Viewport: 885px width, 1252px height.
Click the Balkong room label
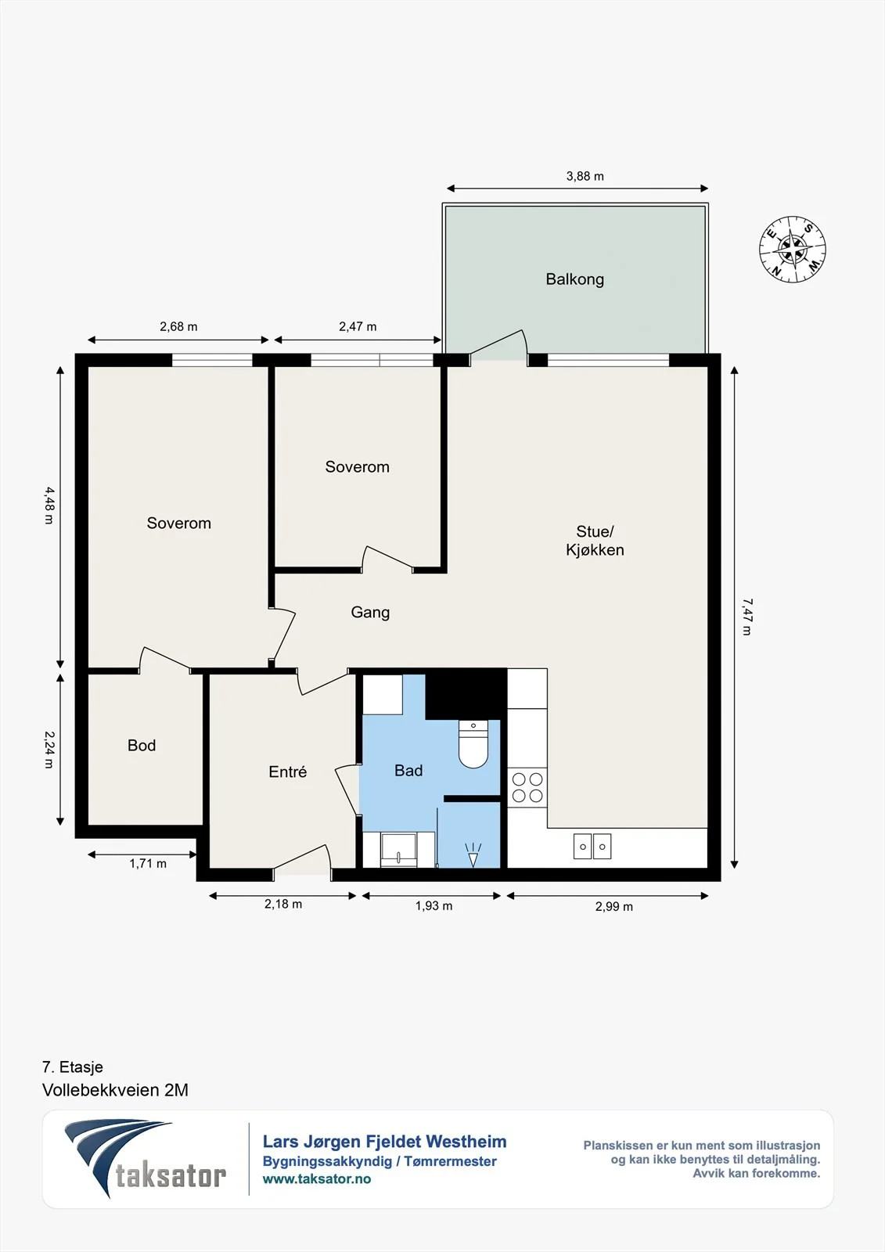coord(574,279)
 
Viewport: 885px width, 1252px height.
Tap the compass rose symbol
coord(792,250)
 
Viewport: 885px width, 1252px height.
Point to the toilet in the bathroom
coord(473,744)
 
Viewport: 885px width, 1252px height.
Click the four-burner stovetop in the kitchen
coord(527,787)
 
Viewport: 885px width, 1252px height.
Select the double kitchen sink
coord(592,846)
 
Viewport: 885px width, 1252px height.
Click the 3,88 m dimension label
coord(585,176)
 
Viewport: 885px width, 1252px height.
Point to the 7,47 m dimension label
coord(747,617)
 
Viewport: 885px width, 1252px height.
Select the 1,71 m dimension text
coord(148,864)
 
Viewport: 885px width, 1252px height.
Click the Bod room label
coord(142,745)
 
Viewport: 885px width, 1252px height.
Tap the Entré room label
coord(287,772)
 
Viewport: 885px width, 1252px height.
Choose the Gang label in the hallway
coord(370,613)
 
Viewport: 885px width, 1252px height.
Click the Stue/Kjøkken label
coord(595,541)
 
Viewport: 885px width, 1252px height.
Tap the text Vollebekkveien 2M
coord(115,1090)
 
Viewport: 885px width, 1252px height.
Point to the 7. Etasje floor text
coord(73,1067)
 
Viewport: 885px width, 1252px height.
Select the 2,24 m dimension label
coord(49,750)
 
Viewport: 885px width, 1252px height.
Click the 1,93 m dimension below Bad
coord(434,906)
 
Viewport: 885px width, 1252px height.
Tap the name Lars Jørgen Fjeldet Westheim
coord(385,1142)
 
